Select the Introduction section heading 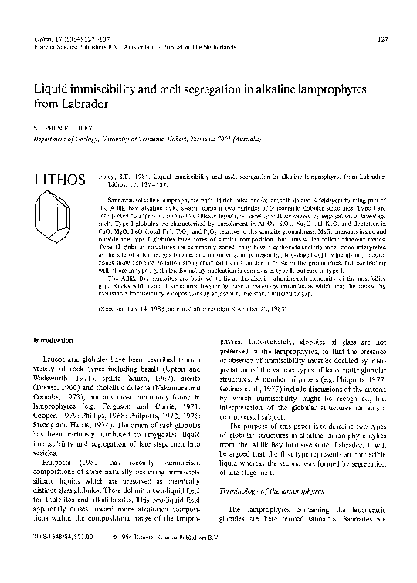click(x=48, y=340)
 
